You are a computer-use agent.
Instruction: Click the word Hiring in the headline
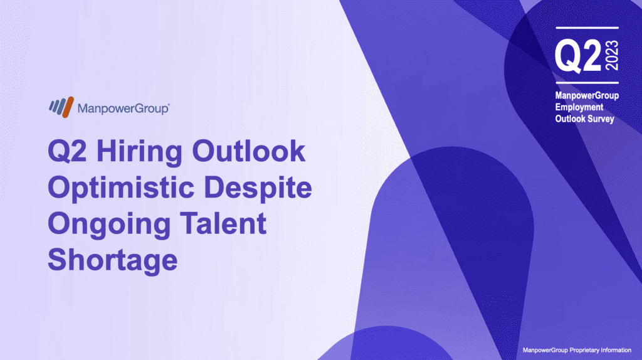pyautogui.click(x=139, y=152)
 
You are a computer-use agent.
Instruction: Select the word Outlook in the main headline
pyautogui.click(x=248, y=151)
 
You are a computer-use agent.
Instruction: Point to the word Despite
pyautogui.click(x=258, y=188)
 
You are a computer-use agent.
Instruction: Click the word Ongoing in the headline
pyautogui.click(x=109, y=225)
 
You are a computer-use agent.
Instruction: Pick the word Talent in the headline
pyautogui.click(x=223, y=224)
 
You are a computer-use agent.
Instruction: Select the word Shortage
pyautogui.click(x=113, y=261)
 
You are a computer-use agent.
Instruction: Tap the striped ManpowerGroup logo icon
pyautogui.click(x=61, y=107)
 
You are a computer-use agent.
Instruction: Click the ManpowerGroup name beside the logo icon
pyautogui.click(x=124, y=109)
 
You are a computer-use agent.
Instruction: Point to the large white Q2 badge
pyautogui.click(x=577, y=56)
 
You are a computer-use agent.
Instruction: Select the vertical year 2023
pyautogui.click(x=612, y=55)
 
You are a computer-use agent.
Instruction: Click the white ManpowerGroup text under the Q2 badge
pyautogui.click(x=587, y=96)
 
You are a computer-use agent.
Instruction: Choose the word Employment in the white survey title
pyautogui.click(x=579, y=107)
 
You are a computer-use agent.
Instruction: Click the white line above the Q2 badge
pyautogui.click(x=587, y=28)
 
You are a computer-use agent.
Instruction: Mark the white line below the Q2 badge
pyautogui.click(x=587, y=83)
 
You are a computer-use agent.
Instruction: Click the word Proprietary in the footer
pyautogui.click(x=584, y=350)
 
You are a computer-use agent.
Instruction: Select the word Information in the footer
pyautogui.click(x=616, y=350)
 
